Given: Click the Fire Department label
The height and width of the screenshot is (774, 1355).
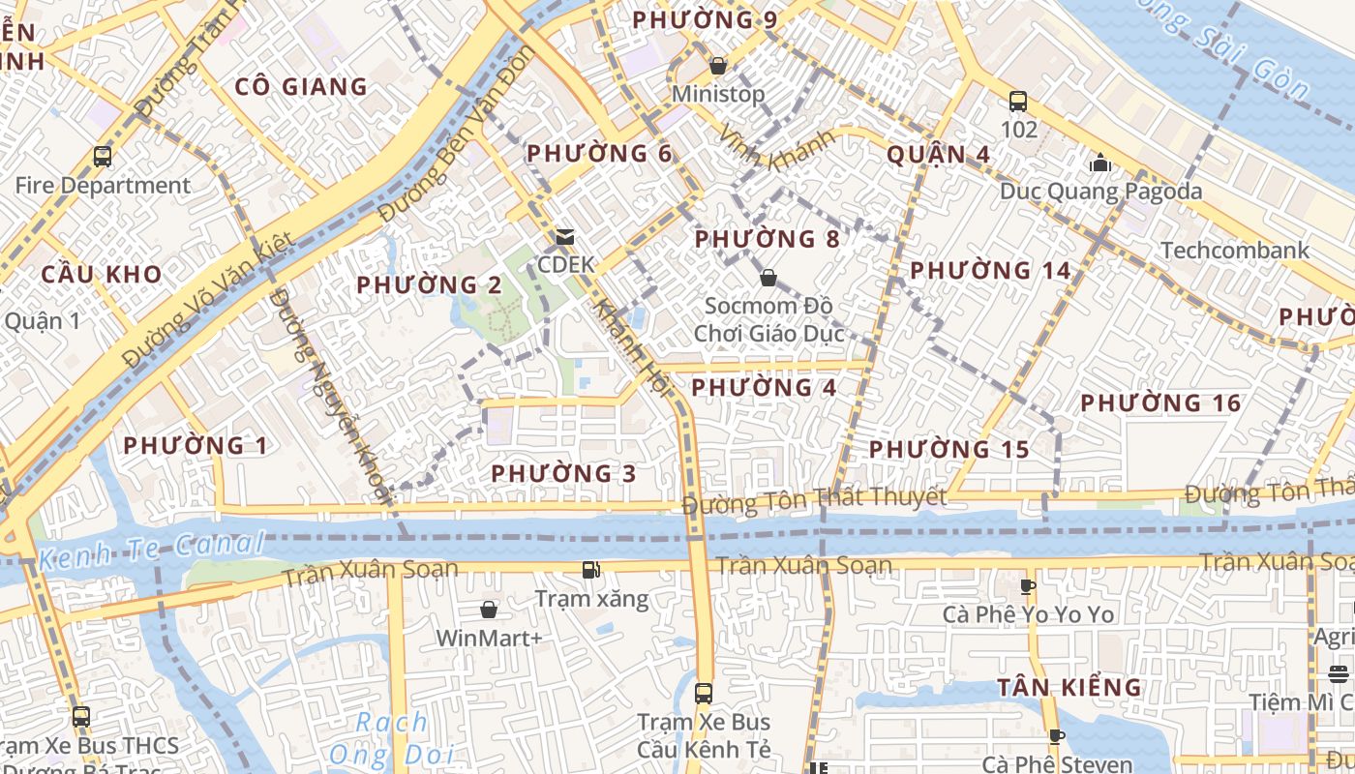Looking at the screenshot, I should [x=103, y=185].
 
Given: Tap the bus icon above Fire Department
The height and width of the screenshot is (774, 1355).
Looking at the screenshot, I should [x=103, y=156].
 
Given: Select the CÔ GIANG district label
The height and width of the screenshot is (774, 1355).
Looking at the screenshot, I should [x=301, y=87].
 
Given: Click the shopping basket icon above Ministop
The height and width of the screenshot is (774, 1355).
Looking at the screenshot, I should [x=718, y=66].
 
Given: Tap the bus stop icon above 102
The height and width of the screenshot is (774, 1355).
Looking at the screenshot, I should [x=1018, y=101].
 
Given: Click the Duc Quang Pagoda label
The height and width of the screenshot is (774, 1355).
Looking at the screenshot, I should [x=1100, y=191].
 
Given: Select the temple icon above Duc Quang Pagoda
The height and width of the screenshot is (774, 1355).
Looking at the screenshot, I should [x=1100, y=162].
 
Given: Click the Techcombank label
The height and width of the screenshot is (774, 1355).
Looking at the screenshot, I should [x=1234, y=250].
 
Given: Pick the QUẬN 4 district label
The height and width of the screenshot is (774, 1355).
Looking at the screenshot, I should [x=938, y=154].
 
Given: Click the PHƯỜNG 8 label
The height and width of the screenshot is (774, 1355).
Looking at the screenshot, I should [x=767, y=239].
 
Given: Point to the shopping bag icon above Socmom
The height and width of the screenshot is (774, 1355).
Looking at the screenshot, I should [x=768, y=279].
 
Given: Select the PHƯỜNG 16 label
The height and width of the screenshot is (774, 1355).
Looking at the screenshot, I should [x=1160, y=403].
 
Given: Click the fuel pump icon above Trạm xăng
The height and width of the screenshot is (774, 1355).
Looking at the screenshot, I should [x=591, y=570].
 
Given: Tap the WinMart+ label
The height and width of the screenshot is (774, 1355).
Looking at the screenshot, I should [x=489, y=638].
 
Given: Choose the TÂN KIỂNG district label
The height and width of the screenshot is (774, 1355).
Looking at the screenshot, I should [x=1069, y=688].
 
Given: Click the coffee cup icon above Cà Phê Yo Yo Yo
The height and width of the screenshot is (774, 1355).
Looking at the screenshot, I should [x=1028, y=586].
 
